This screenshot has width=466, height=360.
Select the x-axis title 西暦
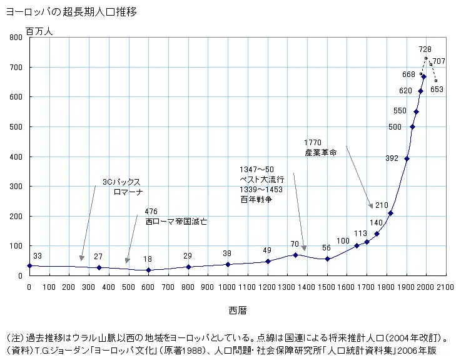click(237, 310)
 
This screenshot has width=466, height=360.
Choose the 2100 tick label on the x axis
click(445, 287)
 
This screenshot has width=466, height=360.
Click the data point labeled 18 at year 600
click(148, 270)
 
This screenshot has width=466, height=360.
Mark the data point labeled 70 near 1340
click(295, 255)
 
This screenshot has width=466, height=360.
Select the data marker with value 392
click(407, 158)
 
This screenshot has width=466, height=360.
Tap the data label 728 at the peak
click(425, 49)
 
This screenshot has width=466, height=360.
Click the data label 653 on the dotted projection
click(437, 90)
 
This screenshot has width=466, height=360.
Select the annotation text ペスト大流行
click(257, 179)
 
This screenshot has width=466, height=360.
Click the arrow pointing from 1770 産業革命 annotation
click(360, 178)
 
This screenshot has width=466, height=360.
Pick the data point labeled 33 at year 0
click(29, 265)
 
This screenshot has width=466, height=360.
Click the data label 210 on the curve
click(382, 205)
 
